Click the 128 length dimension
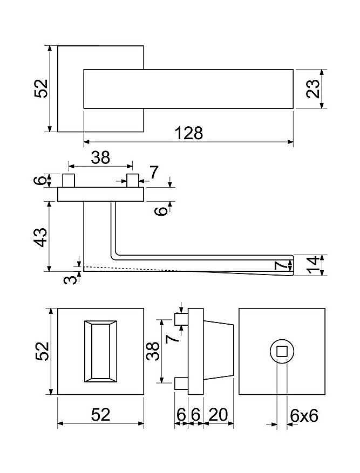189,133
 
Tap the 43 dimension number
40,237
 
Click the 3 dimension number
71,279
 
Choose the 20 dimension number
218,415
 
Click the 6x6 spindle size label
304,416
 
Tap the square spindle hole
282,351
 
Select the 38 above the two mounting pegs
101,157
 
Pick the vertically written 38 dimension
153,351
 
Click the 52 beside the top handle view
41,88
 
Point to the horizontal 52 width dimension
101,415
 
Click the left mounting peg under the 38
69,180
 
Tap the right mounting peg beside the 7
133,180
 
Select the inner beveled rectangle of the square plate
101,351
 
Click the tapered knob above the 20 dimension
219,351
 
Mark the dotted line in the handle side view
133,269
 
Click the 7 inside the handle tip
280,266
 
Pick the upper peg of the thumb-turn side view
181,319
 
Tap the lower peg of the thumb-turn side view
181,383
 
